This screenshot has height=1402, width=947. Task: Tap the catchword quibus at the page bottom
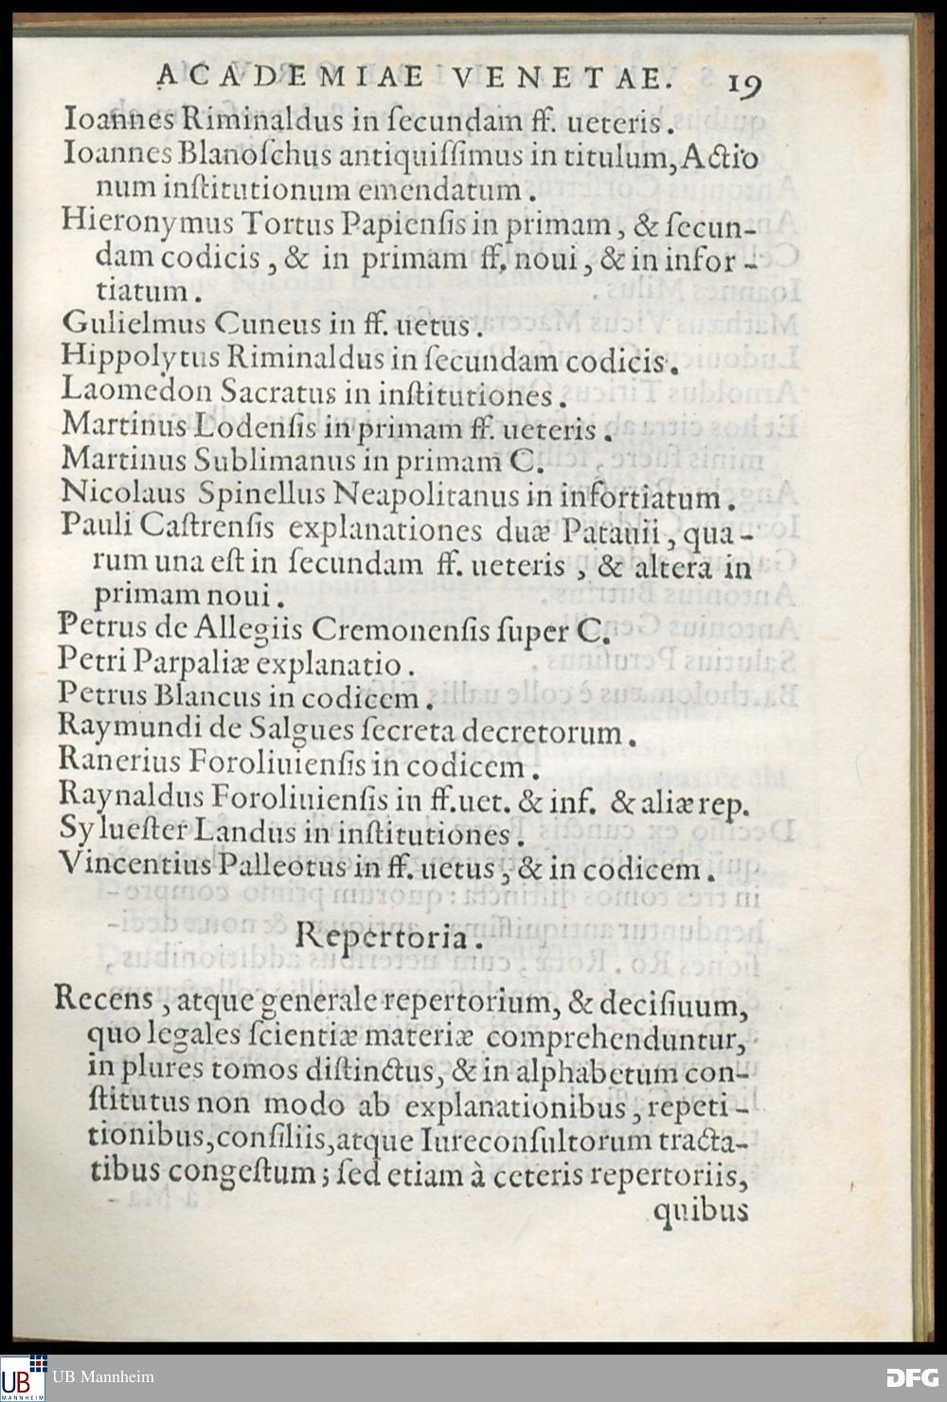pos(701,1211)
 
